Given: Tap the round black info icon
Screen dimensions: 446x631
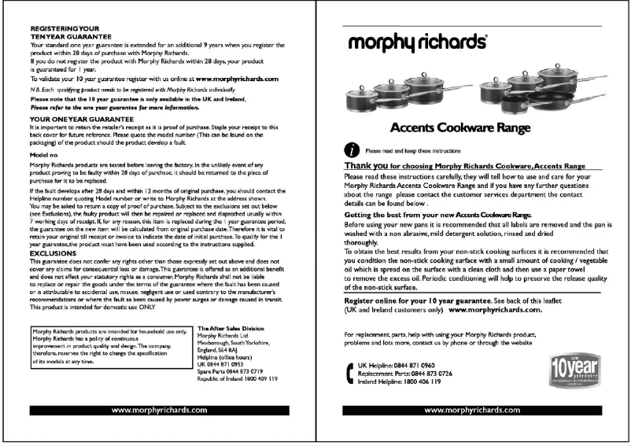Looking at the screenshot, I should tap(353, 149).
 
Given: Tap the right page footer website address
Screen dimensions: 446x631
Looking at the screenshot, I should tap(471, 411).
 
